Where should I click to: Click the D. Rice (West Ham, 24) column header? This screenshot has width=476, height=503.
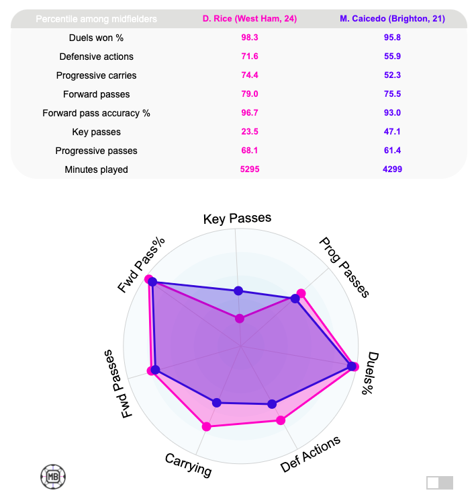(x=250, y=19)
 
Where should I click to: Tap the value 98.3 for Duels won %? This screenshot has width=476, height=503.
(x=250, y=38)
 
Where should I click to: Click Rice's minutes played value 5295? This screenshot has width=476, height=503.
(x=250, y=169)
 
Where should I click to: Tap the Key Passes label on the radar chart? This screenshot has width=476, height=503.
(x=237, y=218)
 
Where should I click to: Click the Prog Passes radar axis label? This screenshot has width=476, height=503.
(x=344, y=267)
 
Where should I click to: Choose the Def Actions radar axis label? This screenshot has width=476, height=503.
(x=310, y=454)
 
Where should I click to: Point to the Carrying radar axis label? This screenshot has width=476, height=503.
(x=188, y=465)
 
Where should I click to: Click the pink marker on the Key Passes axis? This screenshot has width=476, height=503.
(x=239, y=319)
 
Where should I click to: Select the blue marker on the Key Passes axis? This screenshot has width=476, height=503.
(x=238, y=291)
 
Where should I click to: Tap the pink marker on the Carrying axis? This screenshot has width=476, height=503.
(x=207, y=426)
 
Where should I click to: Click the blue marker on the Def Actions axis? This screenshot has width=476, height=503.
(x=272, y=404)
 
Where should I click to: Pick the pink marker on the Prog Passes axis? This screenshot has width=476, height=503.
(x=301, y=293)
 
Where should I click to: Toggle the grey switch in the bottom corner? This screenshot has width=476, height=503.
(x=440, y=482)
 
